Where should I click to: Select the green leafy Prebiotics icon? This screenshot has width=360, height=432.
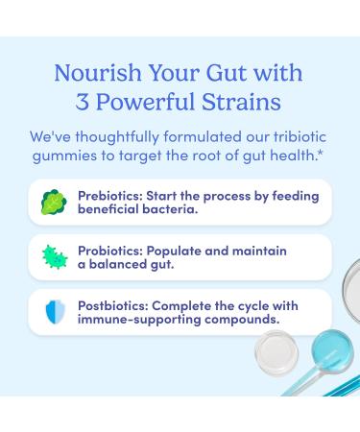[50, 202]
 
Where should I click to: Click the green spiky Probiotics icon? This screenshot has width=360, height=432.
[50, 256]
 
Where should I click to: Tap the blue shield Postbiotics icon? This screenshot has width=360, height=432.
[50, 310]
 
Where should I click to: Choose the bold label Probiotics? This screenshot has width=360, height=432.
[107, 250]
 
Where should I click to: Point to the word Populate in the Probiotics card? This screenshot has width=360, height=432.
[172, 250]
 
